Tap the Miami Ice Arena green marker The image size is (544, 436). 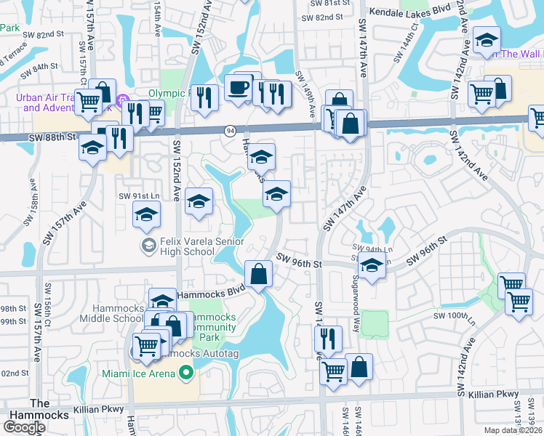tap(185, 374)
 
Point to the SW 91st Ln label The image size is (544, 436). tap(138, 196)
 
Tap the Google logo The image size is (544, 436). tap(24, 427)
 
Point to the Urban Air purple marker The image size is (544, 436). tap(123, 102)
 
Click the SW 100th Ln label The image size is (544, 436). tap(454, 315)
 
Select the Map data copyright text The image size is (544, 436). tap(512, 430)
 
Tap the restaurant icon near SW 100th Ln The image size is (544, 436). tap(328, 339)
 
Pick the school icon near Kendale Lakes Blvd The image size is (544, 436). tap(486, 41)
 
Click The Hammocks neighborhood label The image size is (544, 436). tap(40, 409)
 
